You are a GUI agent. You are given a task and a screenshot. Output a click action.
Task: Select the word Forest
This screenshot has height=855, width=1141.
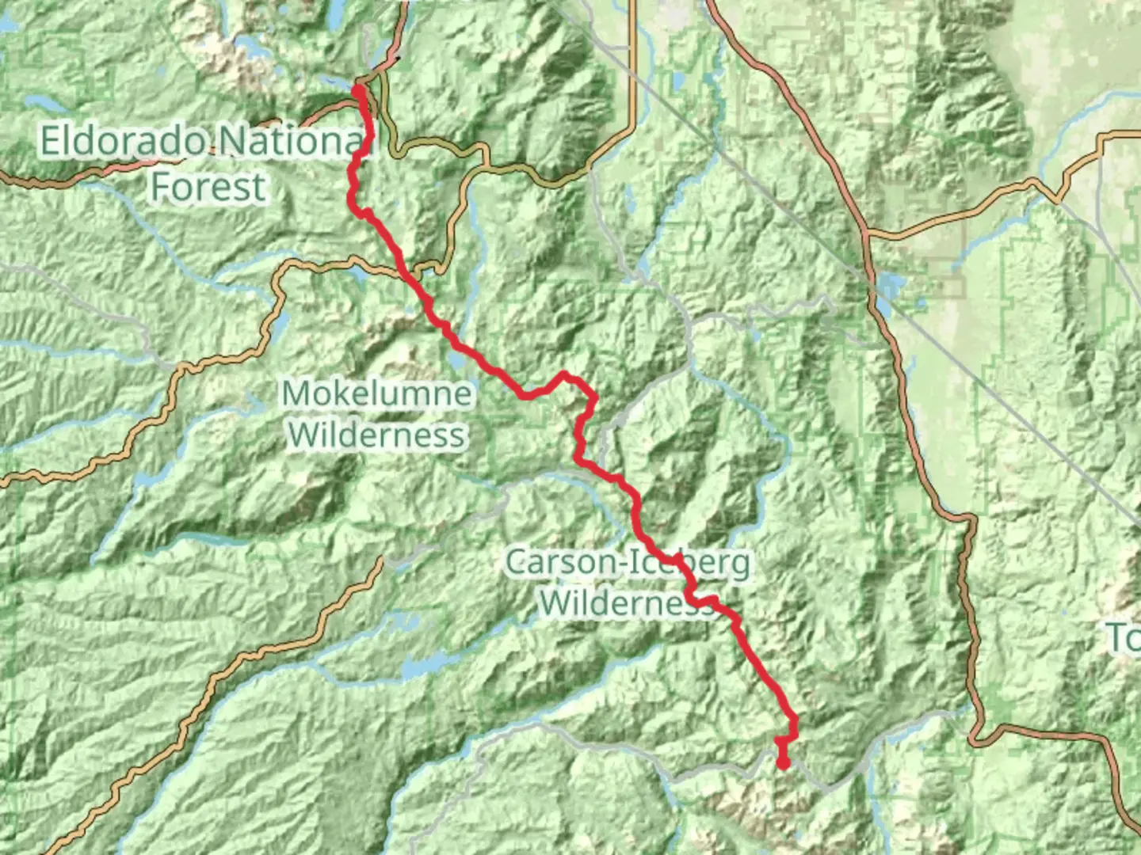coord(208,188)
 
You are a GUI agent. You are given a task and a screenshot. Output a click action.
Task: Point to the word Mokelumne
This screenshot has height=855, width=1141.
coord(377,393)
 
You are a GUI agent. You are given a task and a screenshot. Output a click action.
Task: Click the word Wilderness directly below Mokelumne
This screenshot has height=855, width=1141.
coord(377,435)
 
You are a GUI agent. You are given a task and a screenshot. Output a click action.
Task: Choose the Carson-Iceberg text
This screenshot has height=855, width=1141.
coord(628,563)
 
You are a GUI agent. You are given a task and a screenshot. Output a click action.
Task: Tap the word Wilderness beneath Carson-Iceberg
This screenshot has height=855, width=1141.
coord(626,603)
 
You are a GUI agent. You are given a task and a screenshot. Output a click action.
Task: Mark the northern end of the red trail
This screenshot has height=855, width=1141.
coord(358,89)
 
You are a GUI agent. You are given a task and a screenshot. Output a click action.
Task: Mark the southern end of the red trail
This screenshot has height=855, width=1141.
coord(783,764)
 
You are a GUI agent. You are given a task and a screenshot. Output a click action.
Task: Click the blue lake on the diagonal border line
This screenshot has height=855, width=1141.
coord(889,287)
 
